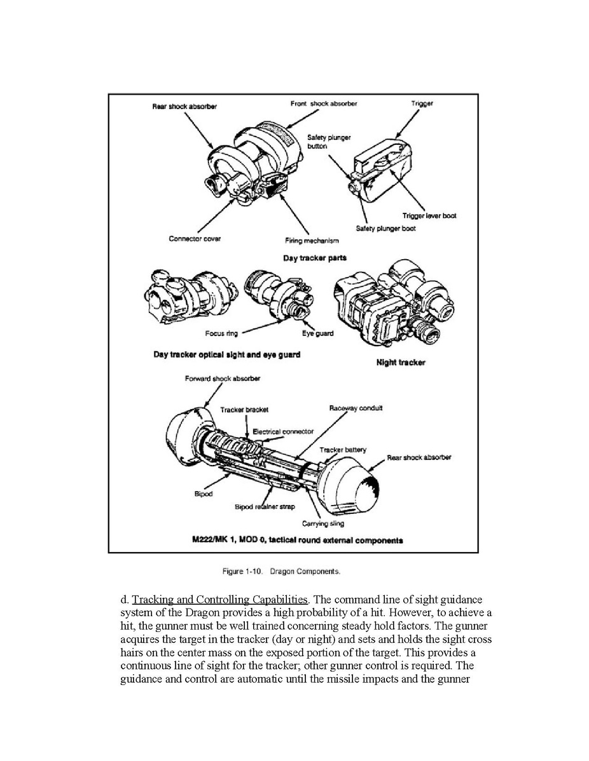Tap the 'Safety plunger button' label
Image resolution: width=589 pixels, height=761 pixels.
tap(329, 141)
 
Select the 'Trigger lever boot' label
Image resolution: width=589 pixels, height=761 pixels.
tap(429, 216)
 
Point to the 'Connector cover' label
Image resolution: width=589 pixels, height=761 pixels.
tap(195, 239)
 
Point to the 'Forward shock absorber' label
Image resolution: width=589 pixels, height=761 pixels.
tap(223, 379)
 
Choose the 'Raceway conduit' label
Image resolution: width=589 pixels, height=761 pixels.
tap(356, 408)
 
